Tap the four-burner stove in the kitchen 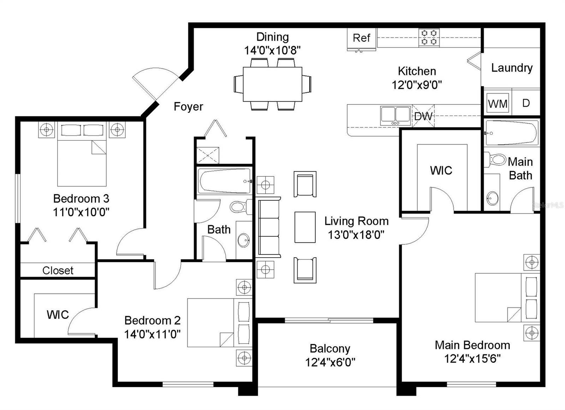point(429,37)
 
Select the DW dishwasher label point(423,116)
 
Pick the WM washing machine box point(498,103)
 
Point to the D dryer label point(526,103)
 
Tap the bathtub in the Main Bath point(512,133)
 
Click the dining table point(272,84)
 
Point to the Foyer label point(189,107)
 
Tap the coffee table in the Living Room point(305,227)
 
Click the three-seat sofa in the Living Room point(268,227)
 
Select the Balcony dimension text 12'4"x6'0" point(330,362)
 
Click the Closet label point(58,270)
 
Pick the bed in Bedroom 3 point(82,154)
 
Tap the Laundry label point(512,68)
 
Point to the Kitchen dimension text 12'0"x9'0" point(417,85)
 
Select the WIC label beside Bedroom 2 point(58,315)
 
